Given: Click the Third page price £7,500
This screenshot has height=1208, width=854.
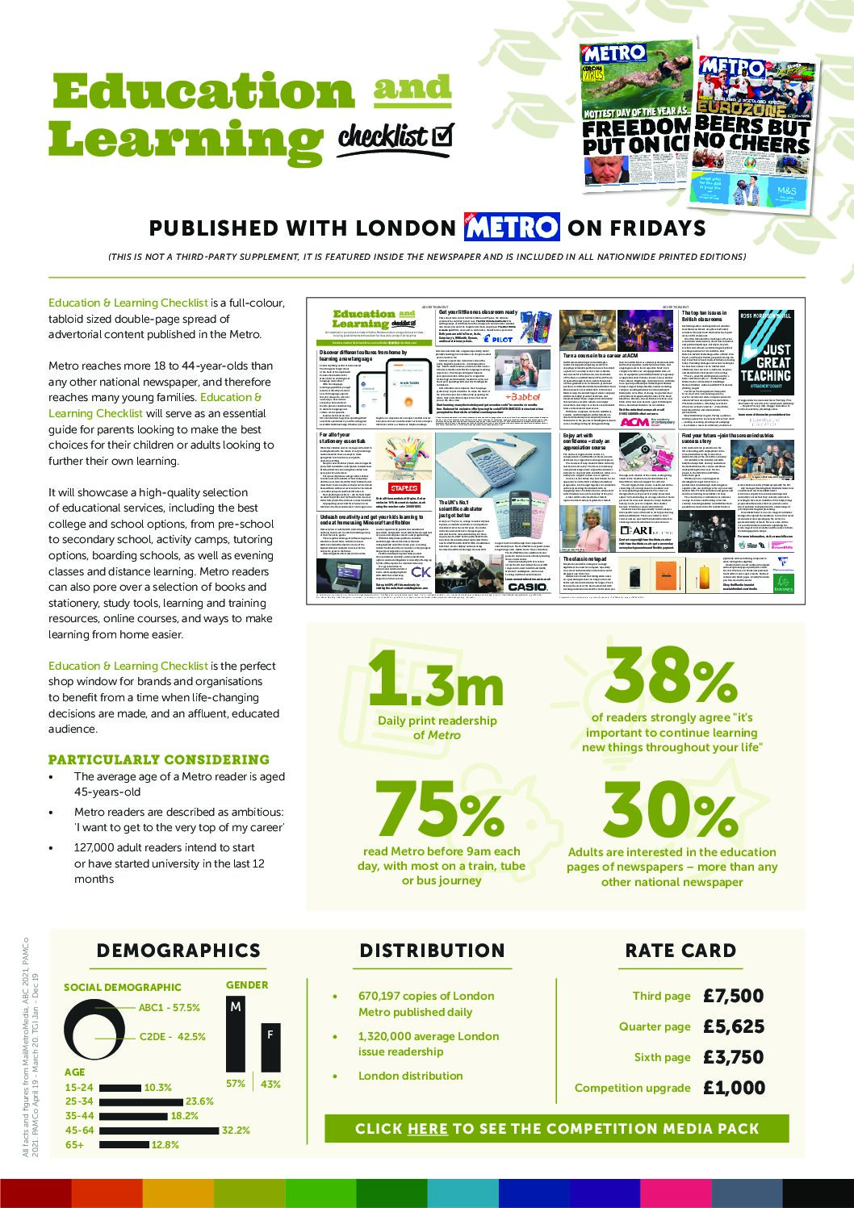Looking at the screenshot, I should [x=733, y=996].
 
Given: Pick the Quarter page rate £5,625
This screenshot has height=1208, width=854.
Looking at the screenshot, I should [x=733, y=1026].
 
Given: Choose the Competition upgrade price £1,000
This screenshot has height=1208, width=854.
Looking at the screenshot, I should [x=734, y=1088].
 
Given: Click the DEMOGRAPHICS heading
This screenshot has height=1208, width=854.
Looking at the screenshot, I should [x=178, y=951].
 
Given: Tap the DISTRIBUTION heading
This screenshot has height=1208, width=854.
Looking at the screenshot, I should [x=432, y=951].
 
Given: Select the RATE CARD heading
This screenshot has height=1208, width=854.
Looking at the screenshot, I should [x=680, y=951].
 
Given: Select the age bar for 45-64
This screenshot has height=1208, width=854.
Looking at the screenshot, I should [x=158, y=1131].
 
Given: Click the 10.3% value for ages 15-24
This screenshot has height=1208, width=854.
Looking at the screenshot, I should [x=157, y=1088].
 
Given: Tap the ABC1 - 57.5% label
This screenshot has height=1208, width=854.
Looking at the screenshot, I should [x=170, y=1008].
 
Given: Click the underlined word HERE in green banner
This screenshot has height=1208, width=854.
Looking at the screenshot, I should [x=427, y=1129].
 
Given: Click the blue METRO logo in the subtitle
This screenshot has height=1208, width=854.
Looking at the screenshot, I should [x=511, y=228].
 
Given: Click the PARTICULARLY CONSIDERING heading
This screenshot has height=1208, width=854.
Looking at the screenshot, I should [x=159, y=759].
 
